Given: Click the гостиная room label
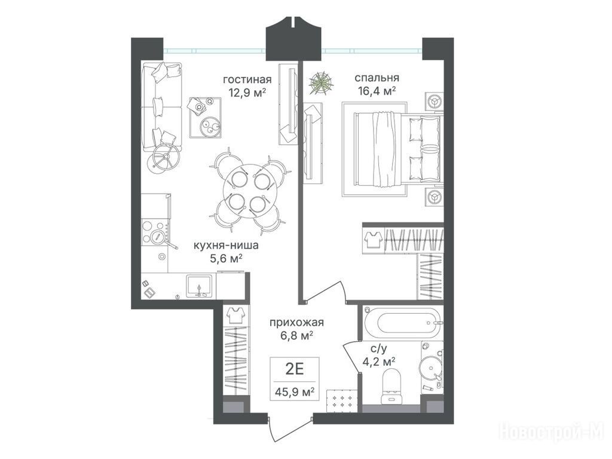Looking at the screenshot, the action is point(247,79).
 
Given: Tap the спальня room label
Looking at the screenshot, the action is point(377,78).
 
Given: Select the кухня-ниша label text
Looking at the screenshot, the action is point(225,246).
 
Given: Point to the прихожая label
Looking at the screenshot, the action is point(296,322).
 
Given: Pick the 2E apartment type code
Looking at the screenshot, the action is point(295,368).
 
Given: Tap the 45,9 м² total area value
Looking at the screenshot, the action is point(295,391).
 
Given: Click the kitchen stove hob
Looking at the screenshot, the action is point(155,232).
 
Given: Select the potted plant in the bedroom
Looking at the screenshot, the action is point(321,82).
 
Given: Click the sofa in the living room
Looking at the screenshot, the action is point(162,106).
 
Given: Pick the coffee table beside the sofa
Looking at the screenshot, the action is point(206,117).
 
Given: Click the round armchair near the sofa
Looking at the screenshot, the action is point(165,158).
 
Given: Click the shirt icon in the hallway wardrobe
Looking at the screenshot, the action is point(235,315).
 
